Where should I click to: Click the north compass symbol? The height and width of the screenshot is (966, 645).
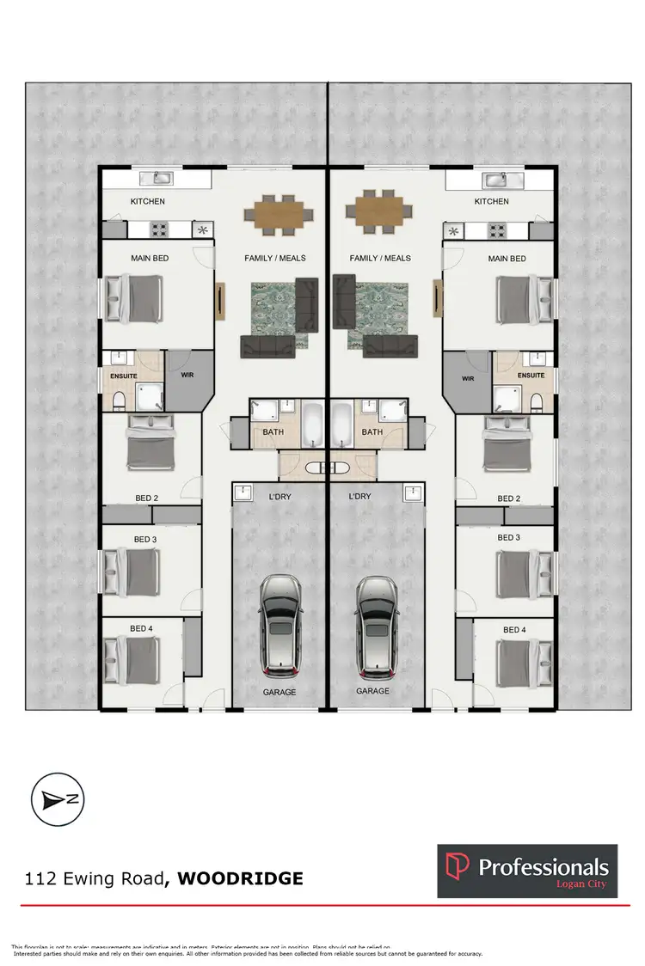57,798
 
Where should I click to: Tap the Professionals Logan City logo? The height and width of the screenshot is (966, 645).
527,871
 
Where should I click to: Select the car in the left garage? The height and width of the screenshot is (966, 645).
280,625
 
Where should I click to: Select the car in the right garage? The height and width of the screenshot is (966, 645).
375,625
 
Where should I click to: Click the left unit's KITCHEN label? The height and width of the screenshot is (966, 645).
147,202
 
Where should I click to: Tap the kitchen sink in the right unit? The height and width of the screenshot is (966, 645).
494,179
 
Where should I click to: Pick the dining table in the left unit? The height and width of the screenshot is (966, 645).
279,211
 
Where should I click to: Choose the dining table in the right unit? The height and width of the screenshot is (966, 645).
375,211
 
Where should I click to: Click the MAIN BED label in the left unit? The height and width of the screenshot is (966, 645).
148,258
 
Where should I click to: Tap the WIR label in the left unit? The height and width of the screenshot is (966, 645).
187,375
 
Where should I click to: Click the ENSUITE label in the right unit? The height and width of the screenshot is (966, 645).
531,376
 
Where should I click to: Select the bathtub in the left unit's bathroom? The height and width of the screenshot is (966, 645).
311,424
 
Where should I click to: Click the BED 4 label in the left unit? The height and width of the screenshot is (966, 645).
142,630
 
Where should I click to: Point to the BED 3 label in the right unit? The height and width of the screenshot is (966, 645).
509,538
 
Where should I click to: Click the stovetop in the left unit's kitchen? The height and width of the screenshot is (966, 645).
161,229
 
